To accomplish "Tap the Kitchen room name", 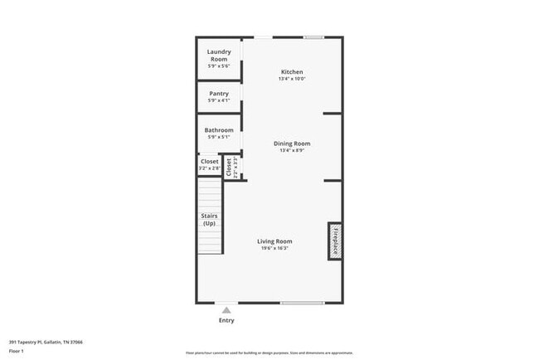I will (x=292, y=72).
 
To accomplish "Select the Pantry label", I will (x=219, y=93).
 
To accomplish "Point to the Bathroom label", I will (x=219, y=129).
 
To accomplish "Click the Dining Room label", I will (x=292, y=144).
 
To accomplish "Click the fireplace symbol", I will (x=335, y=241).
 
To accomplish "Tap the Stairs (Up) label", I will (x=209, y=220).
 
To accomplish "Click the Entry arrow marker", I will (x=226, y=310).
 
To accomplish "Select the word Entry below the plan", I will (x=226, y=320).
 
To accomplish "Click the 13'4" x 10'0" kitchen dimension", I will (x=292, y=79).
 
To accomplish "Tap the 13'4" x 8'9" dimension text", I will (x=292, y=150).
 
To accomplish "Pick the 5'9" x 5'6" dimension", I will (x=219, y=66).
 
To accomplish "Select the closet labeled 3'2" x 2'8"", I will (x=209, y=165).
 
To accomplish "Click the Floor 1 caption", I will (x=17, y=351).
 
